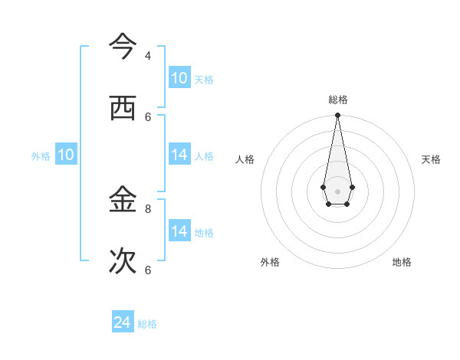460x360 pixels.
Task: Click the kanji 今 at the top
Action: point(123,47)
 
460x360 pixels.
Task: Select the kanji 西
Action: point(123,108)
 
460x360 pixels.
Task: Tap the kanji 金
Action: point(123,201)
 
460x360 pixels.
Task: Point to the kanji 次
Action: point(123,261)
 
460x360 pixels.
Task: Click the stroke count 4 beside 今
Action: point(148,56)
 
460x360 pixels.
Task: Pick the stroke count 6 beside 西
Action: point(148,116)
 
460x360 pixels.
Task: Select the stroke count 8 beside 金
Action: point(148,208)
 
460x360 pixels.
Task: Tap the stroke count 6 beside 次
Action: point(148,270)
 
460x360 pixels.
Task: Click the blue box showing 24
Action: point(123,322)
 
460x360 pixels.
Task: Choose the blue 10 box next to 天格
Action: point(179,78)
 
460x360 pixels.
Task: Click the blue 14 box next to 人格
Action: point(179,155)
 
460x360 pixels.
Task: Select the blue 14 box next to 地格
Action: point(179,231)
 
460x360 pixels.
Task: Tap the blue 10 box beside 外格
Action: point(66,155)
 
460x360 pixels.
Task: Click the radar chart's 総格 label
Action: point(337,100)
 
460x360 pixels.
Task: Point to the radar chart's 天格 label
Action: point(431,159)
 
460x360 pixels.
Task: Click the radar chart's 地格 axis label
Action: point(402,262)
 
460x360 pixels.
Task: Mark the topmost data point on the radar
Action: point(337,116)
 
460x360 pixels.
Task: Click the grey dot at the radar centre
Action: point(337,191)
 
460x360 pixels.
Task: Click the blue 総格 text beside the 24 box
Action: point(147,324)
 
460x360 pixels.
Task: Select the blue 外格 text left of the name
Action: point(41,156)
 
